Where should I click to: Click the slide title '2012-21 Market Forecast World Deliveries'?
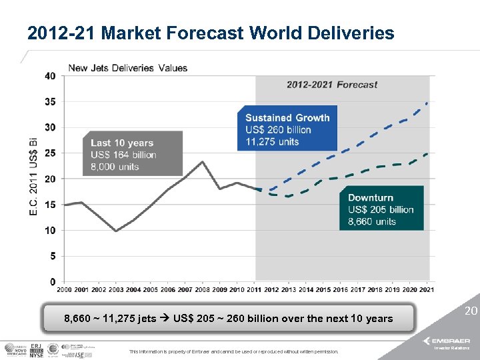(211, 33)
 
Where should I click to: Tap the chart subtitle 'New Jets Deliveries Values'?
(128, 68)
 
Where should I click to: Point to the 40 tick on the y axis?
(51, 76)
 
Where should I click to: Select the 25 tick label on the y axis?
(51, 153)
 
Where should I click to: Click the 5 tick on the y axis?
(53, 255)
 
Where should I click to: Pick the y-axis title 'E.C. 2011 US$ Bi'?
(33, 176)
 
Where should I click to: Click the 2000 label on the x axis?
(65, 289)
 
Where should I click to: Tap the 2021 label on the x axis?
(427, 289)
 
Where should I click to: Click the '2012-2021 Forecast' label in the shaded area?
(332, 85)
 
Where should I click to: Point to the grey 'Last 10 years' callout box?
(132, 154)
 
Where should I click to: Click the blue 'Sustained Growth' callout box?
(287, 129)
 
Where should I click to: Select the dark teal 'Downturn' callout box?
(381, 209)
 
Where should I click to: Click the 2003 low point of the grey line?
(116, 231)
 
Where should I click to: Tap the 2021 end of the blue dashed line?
(427, 103)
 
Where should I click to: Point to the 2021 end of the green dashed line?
(427, 153)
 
